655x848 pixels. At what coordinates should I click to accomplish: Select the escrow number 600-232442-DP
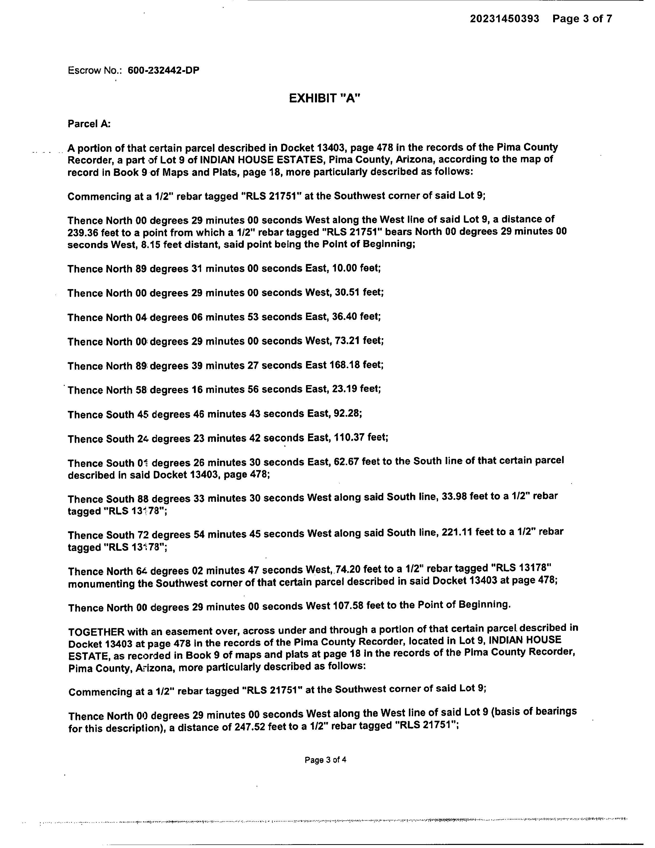tap(163, 70)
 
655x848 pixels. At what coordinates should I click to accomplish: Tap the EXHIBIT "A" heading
tap(325, 98)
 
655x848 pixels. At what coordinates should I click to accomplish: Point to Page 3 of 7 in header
tap(582, 19)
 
